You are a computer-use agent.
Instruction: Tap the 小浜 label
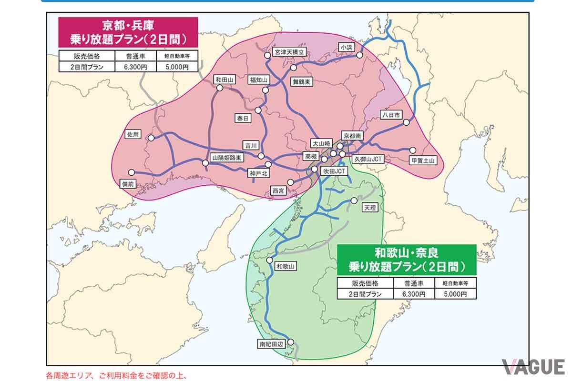click(346, 47)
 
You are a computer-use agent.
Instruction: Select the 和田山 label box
click(223, 80)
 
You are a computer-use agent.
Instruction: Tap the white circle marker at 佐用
click(151, 138)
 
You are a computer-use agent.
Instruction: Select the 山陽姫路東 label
click(226, 157)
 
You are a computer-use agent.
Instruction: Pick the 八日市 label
click(391, 115)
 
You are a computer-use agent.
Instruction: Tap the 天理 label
click(369, 208)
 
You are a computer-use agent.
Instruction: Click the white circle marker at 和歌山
click(269, 261)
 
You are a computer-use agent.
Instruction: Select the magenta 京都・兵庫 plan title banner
click(127, 31)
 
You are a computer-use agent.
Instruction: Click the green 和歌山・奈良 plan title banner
click(407, 259)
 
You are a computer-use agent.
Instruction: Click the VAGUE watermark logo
click(534, 367)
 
